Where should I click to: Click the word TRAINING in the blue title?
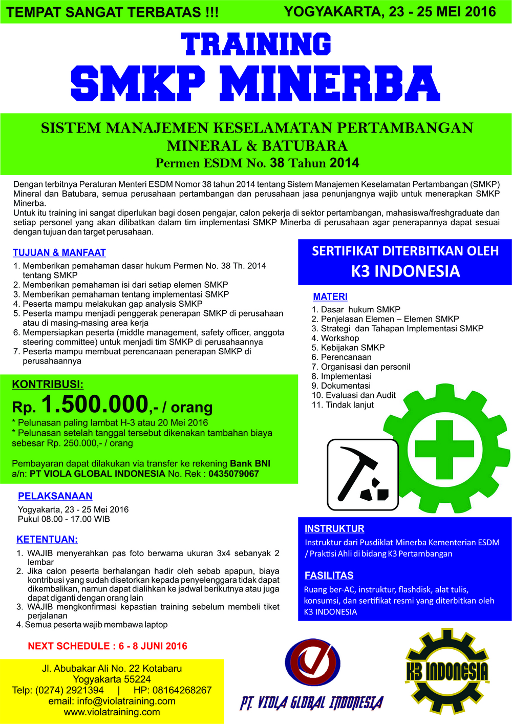tap(256, 44)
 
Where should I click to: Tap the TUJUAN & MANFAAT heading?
tap(59, 252)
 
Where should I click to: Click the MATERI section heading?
tap(330, 296)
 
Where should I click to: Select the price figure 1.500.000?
tap(95, 404)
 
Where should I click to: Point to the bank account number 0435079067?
tap(234, 474)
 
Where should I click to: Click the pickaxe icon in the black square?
tap(362, 475)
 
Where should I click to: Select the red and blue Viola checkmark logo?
tap(312, 666)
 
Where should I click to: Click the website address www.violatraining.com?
tap(112, 712)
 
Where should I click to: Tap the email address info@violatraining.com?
tap(112, 701)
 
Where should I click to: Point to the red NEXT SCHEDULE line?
tap(108, 646)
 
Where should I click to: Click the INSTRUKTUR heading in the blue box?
tap(334, 528)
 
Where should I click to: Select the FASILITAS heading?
tap(329, 575)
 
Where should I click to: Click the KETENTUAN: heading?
tap(47, 539)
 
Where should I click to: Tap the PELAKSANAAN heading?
tap(55, 496)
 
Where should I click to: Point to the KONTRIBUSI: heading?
tap(48, 385)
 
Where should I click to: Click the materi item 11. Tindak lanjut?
tap(343, 404)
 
